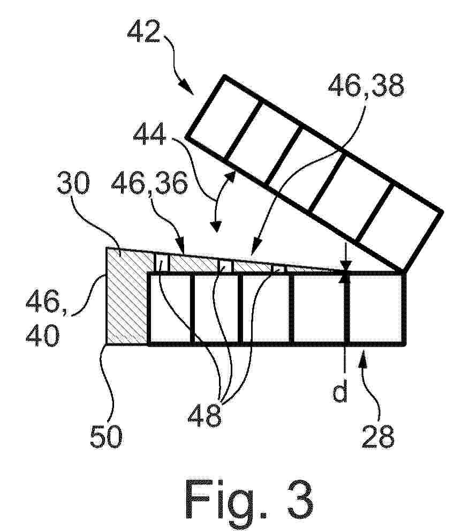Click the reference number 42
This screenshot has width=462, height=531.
click(144, 31)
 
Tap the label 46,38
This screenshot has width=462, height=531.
click(366, 86)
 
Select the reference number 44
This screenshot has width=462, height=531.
click(149, 134)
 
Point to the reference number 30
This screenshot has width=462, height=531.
click(73, 183)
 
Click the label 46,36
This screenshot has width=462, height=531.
click(149, 183)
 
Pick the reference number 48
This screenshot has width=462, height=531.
click(205, 416)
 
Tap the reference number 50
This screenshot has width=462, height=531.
click(106, 437)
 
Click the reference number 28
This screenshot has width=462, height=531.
click(378, 437)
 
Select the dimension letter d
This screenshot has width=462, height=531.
click(340, 391)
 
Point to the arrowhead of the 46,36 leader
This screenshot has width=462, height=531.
click(180, 244)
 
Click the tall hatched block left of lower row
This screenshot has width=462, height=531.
click(127, 296)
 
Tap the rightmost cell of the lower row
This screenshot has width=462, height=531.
click(377, 308)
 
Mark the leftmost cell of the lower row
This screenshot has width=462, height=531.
click(171, 308)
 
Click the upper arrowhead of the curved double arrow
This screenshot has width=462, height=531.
click(231, 177)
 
